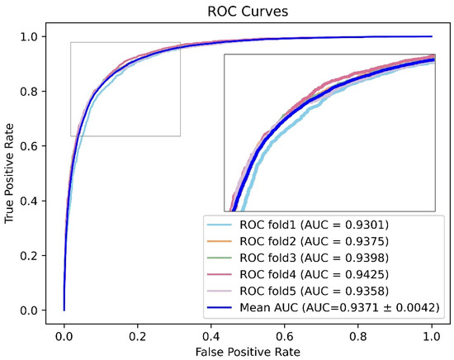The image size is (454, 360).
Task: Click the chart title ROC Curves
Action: click(247, 11)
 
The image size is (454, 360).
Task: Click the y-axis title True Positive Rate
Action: click(10, 173)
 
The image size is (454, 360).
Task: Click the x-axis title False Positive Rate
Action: click(248, 351)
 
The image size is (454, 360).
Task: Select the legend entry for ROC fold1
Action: click(310, 224)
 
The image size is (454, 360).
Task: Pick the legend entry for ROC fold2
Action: click(310, 240)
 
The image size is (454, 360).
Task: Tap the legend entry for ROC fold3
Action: click(310, 257)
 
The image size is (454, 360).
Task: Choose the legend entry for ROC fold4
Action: click(310, 273)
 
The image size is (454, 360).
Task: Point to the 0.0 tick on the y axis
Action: click(35, 310)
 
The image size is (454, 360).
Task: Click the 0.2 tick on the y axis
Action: click(35, 256)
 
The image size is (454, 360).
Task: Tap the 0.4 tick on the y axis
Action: click(35, 201)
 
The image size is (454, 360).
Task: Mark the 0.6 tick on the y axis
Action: click(35, 146)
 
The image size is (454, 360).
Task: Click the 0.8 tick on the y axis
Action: click(35, 92)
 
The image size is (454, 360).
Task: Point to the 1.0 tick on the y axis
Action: click(35, 36)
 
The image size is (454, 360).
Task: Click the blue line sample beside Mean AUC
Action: click(221, 307)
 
